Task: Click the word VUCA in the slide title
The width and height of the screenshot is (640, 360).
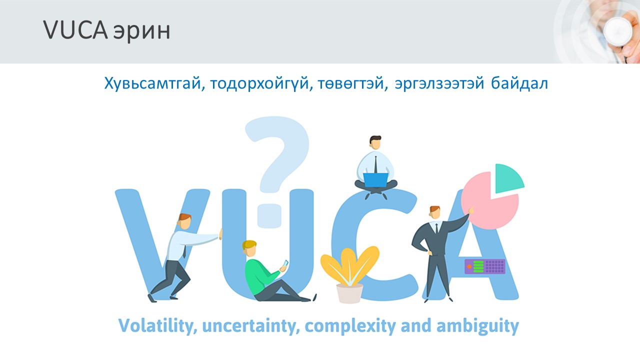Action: point(75,29)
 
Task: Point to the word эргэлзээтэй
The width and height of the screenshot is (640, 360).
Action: point(439,84)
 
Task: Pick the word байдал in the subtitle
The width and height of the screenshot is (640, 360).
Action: point(519,83)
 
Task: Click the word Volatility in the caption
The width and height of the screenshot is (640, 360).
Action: point(157,326)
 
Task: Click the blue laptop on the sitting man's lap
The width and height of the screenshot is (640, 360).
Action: point(375,179)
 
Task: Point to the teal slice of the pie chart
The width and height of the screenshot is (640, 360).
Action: point(508,177)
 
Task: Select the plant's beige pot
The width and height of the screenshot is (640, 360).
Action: point(349,293)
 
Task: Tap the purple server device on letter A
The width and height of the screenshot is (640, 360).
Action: point(485,266)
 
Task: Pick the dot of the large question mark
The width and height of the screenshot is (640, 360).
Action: point(269,215)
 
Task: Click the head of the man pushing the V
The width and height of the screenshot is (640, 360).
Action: point(184,221)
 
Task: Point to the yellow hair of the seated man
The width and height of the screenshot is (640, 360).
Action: point(249,244)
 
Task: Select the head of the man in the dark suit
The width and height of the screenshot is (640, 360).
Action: point(434,212)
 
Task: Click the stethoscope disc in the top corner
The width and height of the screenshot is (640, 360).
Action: point(618,31)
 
